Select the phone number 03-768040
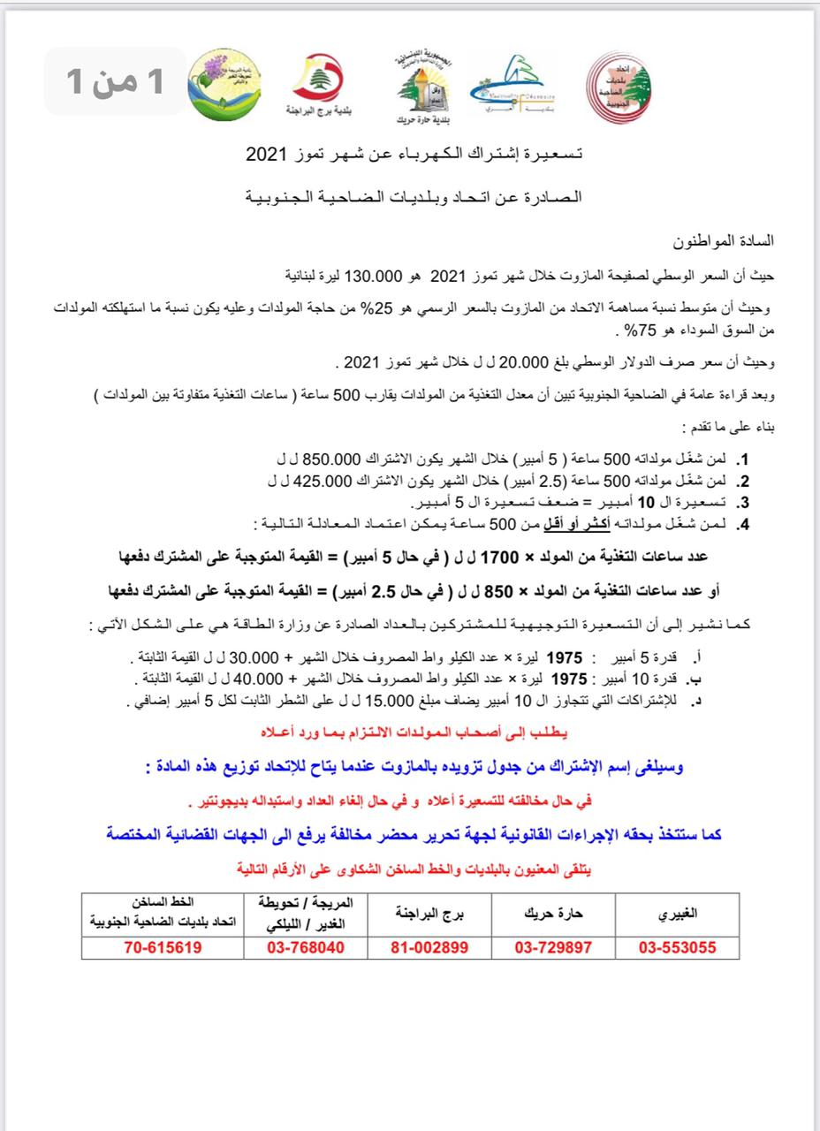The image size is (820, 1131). [305, 948]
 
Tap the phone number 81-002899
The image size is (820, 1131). [429, 948]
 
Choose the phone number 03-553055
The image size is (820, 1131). [677, 948]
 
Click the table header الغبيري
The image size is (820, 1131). [677, 915]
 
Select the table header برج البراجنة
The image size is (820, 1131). [429, 915]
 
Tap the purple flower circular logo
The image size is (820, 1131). [218, 83]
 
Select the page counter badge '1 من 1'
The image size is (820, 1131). [117, 81]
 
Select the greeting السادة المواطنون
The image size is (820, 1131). [725, 240]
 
